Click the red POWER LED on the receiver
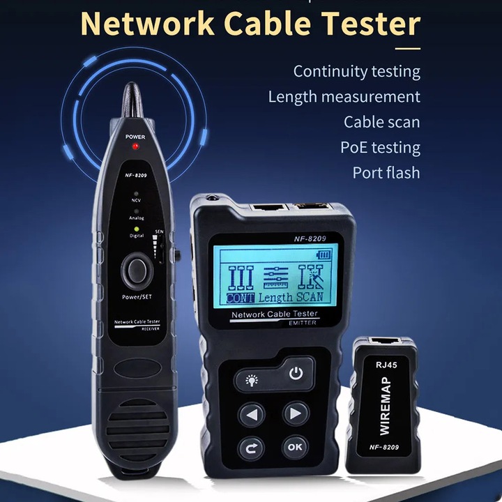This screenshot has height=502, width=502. click(x=135, y=147)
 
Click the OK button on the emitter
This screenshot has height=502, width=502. click(x=295, y=447)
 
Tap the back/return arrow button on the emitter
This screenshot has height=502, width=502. click(x=252, y=447)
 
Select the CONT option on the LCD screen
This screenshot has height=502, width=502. click(x=241, y=296)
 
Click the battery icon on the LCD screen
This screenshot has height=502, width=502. click(x=324, y=255)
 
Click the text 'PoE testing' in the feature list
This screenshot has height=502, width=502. click(x=380, y=148)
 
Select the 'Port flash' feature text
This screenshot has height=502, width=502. click(x=386, y=173)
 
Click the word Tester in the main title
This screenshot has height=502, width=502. click(x=371, y=24)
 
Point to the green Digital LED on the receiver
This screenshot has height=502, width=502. click(x=137, y=228)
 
